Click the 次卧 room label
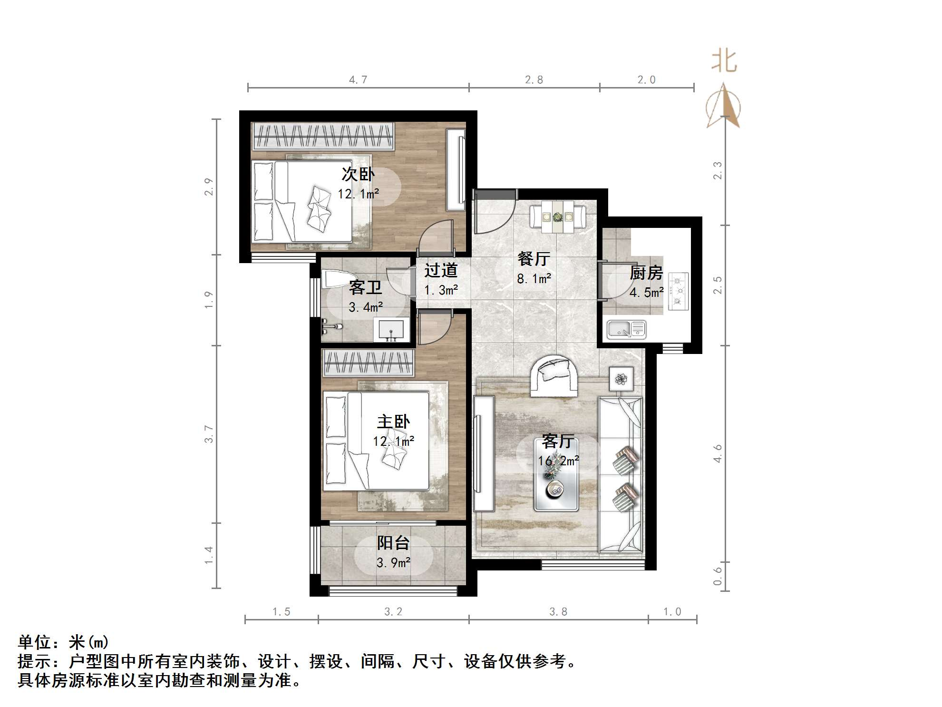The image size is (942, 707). tap(358, 175)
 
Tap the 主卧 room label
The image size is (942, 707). tap(393, 422)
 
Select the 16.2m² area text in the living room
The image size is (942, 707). tap(558, 461)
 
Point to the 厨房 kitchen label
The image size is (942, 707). tap(646, 273)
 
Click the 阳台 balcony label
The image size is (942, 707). tap(393, 543)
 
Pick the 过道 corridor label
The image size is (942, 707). tap(441, 270)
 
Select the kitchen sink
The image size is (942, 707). tap(626, 329)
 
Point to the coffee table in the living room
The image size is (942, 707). tap(556, 481)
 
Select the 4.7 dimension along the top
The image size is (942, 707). tap(358, 80)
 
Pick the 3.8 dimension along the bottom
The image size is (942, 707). tap(558, 612)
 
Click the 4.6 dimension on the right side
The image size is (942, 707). tap(718, 453)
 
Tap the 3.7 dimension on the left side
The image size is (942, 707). tap(209, 434)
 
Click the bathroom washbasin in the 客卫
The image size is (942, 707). tap(391, 330)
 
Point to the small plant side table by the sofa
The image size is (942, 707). tap(621, 379)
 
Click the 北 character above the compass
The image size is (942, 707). tap(724, 62)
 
